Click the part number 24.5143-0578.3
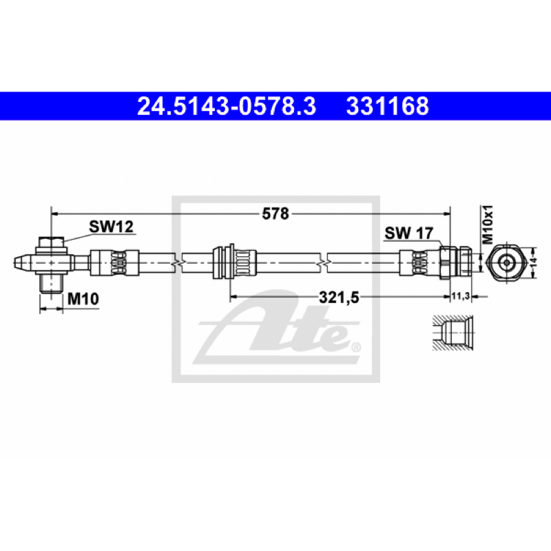coord(227,106)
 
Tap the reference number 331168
coord(388,106)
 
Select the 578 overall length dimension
coord(275,214)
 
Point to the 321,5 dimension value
coord(339,298)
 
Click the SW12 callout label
coord(112,227)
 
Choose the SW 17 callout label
coord(409,233)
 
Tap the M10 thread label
coord(83,299)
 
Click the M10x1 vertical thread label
coord(488,225)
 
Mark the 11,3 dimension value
coord(461,296)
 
